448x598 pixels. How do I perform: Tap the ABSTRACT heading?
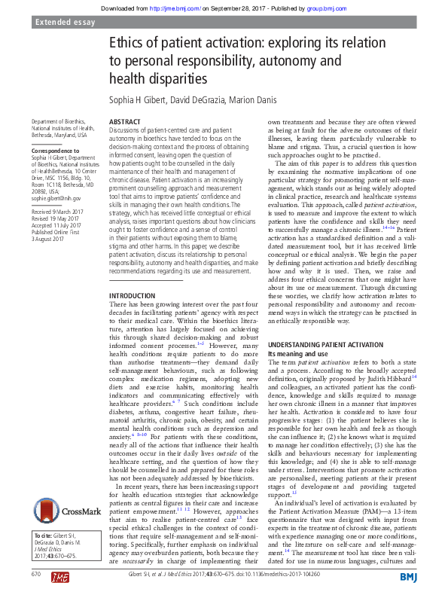click(x=124, y=121)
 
